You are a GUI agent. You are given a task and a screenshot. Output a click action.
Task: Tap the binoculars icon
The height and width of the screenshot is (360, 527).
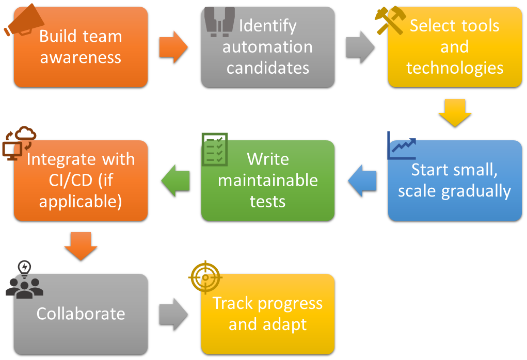pyautogui.click(x=219, y=21)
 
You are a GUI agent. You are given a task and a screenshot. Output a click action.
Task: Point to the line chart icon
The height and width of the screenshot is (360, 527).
pyautogui.click(x=402, y=146)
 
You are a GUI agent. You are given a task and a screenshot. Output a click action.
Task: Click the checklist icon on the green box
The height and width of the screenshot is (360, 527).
pyautogui.click(x=214, y=149)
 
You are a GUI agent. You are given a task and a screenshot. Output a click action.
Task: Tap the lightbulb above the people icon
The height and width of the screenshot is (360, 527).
pyautogui.click(x=24, y=268)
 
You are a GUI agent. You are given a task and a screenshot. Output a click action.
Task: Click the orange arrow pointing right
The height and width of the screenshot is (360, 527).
pyautogui.click(x=173, y=47)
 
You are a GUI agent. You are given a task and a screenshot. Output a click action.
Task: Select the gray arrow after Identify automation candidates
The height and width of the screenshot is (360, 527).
pyautogui.click(x=360, y=47)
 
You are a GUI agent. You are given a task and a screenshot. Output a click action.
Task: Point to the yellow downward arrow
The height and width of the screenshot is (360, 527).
pyautogui.click(x=455, y=113)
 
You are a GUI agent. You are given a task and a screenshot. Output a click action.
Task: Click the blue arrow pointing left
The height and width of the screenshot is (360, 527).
pyautogui.click(x=362, y=181)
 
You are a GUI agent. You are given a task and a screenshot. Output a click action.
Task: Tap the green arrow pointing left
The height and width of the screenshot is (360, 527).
pyautogui.click(x=175, y=181)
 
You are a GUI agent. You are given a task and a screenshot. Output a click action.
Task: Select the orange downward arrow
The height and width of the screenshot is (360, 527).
pyautogui.click(x=81, y=246)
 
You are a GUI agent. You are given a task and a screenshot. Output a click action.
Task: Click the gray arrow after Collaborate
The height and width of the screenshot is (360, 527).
pyautogui.click(x=173, y=314)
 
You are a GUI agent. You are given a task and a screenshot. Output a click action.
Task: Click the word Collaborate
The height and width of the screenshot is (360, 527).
pyautogui.click(x=81, y=314)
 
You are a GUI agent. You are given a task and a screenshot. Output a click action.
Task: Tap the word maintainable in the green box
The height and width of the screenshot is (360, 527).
pyautogui.click(x=267, y=180)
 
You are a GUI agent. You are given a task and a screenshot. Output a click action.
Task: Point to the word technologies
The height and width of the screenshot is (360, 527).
pyautogui.click(x=454, y=68)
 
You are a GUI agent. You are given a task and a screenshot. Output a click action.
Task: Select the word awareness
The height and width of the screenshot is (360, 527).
pyautogui.click(x=81, y=57)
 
